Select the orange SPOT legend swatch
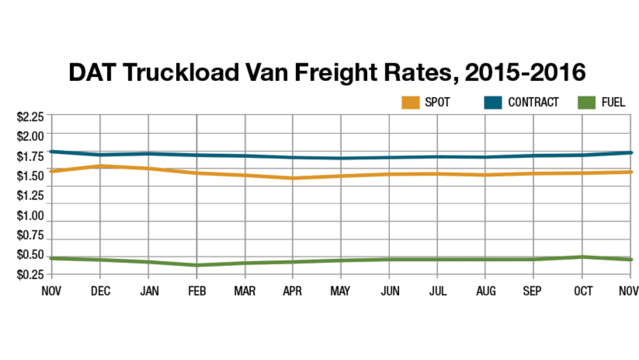pos(410,102)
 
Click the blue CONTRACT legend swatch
pos(494,102)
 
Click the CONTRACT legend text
pos(533,102)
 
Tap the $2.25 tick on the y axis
pos(30,117)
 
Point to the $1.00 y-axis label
pos(30,216)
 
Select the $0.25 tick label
pos(30,275)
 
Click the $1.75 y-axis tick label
pos(30,157)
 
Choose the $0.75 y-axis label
pos(30,235)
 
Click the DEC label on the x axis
pos(100,291)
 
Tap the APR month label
pos(293,291)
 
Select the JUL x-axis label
pos(438,291)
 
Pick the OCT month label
pos(583,291)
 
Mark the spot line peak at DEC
pos(100,166)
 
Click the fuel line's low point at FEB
pos(196,265)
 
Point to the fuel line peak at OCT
pos(583,257)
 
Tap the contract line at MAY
pos(341,158)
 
